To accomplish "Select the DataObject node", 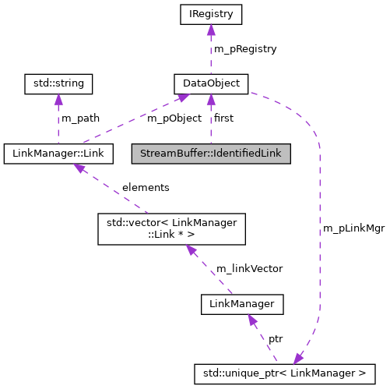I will pos(210,83).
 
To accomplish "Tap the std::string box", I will pos(59,83).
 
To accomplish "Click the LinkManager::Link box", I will pos(59,153).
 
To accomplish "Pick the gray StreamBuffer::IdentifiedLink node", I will pos(210,153).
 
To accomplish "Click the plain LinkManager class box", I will pos(242,303).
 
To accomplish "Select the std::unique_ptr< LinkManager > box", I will pos(285,373).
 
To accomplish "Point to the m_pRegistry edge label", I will pos(245,48).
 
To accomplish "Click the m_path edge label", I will pos(82,118).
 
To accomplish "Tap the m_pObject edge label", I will pos(174,118).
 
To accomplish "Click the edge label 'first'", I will pos(223,118).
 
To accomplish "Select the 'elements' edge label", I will pos(146,188).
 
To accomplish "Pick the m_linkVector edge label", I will pos(249,268).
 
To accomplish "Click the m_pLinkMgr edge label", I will pos(353,229).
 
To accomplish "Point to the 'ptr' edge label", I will pos(276,339).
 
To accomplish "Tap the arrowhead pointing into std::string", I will pos(59,98).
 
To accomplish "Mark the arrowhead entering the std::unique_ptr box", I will pos(298,358).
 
